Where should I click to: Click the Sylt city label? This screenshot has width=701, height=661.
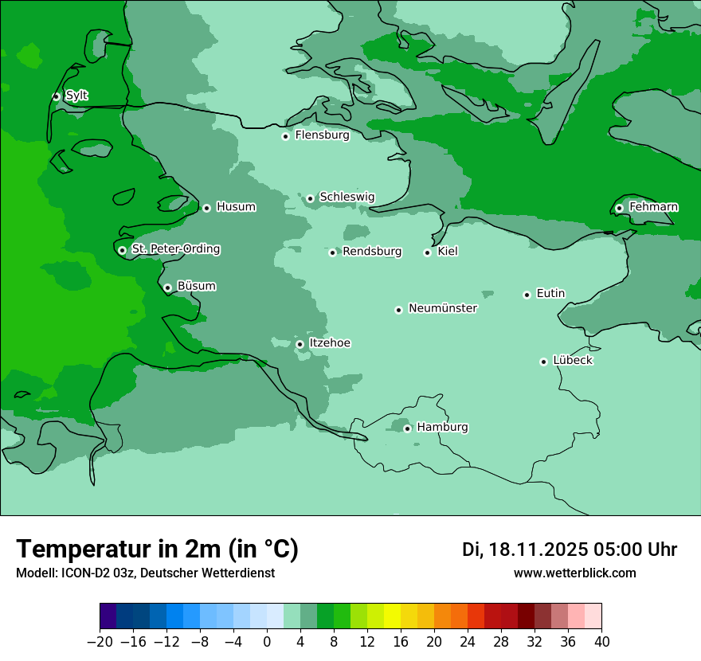(x=76, y=96)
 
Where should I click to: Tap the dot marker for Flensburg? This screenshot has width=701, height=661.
(x=285, y=136)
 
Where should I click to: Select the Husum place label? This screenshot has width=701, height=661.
(x=236, y=207)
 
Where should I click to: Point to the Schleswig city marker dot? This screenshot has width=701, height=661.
(x=310, y=198)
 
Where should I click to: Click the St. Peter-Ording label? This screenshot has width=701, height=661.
(x=175, y=249)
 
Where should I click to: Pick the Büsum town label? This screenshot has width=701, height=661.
(x=196, y=286)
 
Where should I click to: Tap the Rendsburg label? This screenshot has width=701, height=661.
(x=372, y=252)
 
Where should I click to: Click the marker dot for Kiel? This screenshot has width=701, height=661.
(x=427, y=252)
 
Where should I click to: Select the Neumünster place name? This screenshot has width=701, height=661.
(x=443, y=308)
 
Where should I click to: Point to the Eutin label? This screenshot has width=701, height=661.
(x=550, y=294)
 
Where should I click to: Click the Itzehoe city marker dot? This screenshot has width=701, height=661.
(x=300, y=344)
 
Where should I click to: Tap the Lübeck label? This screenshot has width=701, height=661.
(x=573, y=361)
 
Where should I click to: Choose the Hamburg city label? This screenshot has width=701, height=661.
(x=442, y=428)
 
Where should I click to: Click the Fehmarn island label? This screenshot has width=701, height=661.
(x=653, y=207)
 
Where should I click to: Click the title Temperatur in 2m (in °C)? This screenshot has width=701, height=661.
(x=157, y=549)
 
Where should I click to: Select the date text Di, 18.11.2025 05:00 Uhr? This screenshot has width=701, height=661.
(x=570, y=550)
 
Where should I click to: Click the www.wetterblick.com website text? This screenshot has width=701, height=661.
(x=574, y=573)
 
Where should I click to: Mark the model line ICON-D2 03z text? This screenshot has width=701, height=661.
(x=145, y=573)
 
